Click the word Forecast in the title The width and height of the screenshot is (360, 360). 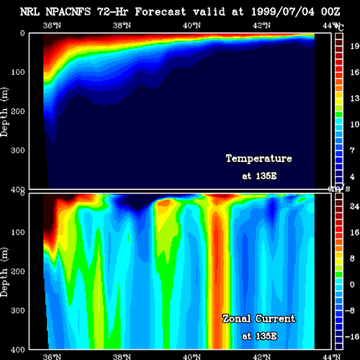[x=161, y=12]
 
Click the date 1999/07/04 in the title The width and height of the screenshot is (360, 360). [x=283, y=12]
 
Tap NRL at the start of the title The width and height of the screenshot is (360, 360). [x=30, y=12]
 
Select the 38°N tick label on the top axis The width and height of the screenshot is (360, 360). [x=122, y=25]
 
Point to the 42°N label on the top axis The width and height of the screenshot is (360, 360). [x=261, y=25]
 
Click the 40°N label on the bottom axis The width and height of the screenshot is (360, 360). [x=192, y=356]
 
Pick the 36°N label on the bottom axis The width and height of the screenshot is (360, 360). [x=52, y=356]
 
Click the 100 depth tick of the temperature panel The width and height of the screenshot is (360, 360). [x=18, y=72]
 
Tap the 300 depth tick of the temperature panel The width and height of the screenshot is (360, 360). [x=18, y=150]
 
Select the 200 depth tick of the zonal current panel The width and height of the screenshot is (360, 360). [x=18, y=271]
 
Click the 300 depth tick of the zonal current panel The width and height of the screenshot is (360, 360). [x=18, y=310]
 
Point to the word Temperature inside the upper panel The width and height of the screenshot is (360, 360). [x=259, y=158]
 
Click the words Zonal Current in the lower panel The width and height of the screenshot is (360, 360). [x=259, y=319]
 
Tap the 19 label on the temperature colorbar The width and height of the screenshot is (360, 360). [x=355, y=46]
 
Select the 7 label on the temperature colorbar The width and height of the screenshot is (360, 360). [x=352, y=150]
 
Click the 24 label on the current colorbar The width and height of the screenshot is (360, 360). [x=354, y=206]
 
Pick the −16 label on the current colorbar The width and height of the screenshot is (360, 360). [x=352, y=336]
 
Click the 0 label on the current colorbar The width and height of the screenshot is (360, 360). [x=352, y=284]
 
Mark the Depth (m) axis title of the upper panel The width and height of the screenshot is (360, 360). [x=4, y=112]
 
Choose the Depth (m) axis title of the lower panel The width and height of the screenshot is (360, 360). [x=4, y=272]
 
